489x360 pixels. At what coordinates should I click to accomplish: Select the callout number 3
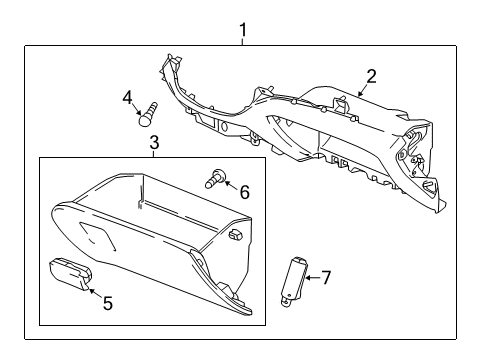click(154, 143)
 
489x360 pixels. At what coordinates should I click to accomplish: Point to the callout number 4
click(128, 97)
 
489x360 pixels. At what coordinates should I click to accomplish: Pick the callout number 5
click(108, 302)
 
